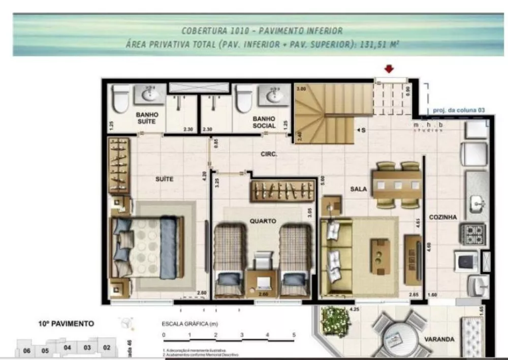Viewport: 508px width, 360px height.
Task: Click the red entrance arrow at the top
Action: pyautogui.click(x=390, y=69)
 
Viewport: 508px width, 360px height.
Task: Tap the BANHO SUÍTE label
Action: pyautogui.click(x=147, y=118)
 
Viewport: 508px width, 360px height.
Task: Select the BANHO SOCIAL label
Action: pyautogui.click(x=264, y=122)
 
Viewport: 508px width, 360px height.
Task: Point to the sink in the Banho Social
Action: pyautogui.click(x=274, y=94)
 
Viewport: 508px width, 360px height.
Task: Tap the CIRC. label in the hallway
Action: pyautogui.click(x=268, y=154)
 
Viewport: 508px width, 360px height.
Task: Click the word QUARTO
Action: pyautogui.click(x=263, y=221)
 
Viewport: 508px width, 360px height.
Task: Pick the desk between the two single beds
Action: pyautogui.click(x=262, y=283)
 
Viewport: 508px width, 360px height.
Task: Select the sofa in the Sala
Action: pyautogui.click(x=336, y=256)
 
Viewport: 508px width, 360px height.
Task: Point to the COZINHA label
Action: pyautogui.click(x=442, y=217)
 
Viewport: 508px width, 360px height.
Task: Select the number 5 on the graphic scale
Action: pyautogui.click(x=294, y=335)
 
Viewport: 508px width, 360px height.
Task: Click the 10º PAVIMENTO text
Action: pyautogui.click(x=67, y=323)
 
